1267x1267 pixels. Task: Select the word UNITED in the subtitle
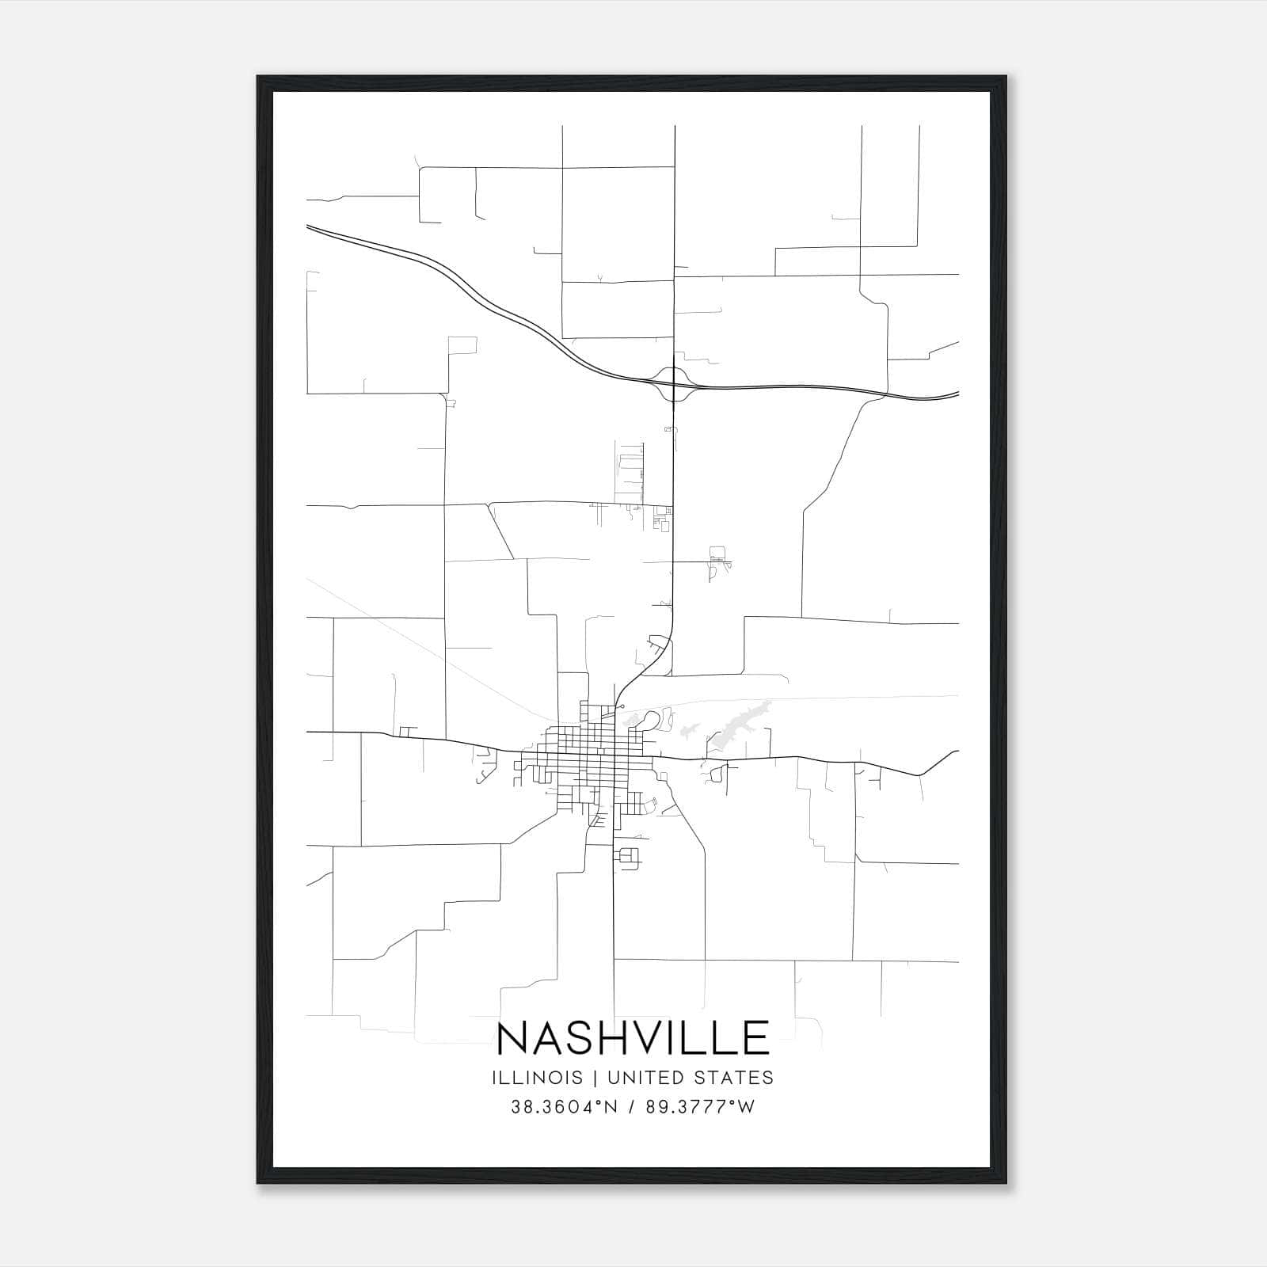pyautogui.click(x=639, y=1078)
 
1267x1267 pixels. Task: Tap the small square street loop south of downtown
pyautogui.click(x=629, y=857)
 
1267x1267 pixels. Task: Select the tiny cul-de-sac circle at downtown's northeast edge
pyautogui.click(x=622, y=706)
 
